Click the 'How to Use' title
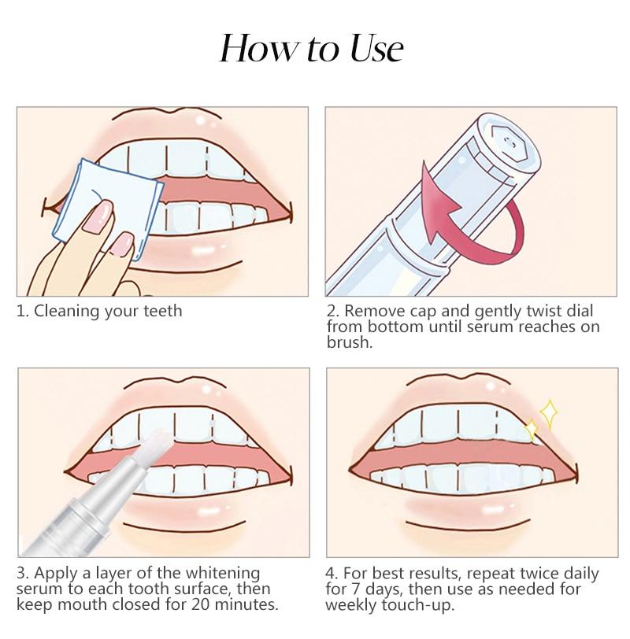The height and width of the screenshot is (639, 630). point(314,49)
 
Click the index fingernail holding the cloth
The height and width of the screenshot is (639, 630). point(100,212)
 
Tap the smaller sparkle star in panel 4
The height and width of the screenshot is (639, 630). point(531,429)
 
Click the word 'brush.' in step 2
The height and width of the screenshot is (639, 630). point(346,342)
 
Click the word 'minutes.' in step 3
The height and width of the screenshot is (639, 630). point(255,604)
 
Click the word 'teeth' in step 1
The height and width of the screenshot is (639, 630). point(161,311)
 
